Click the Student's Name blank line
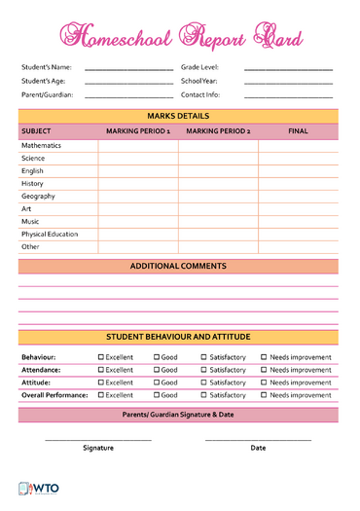[x=128, y=70]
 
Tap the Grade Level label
[x=199, y=67]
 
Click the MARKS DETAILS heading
[x=178, y=116]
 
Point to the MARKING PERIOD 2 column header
[x=218, y=131]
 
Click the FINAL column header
[x=298, y=131]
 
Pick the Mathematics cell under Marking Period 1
[x=137, y=146]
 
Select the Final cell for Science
[x=298, y=159]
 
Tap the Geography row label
[x=37, y=197]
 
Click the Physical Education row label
[x=50, y=235]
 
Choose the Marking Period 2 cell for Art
[x=218, y=209]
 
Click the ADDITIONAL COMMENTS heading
[x=178, y=267]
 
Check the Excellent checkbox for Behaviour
[x=101, y=357]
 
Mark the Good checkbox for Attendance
[x=157, y=370]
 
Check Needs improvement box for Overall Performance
[x=264, y=395]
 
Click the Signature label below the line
[x=98, y=448]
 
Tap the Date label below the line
[x=258, y=448]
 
